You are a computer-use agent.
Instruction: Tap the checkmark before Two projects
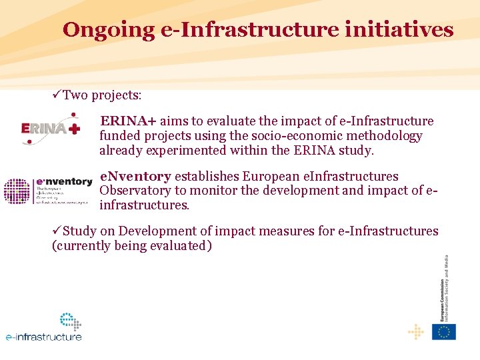(57, 95)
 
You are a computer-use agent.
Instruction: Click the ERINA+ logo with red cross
(51, 127)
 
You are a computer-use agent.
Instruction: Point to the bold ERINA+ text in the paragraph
(128, 121)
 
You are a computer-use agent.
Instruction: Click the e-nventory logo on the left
(48, 191)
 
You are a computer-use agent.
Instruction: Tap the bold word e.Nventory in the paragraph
(135, 177)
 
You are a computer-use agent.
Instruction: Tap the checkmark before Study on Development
(57, 231)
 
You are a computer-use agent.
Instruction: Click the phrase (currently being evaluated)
(132, 246)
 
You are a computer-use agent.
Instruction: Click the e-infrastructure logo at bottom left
(44, 328)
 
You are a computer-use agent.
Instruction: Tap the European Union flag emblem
(443, 331)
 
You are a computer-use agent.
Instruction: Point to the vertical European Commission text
(445, 287)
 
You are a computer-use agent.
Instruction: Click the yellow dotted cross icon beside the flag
(415, 331)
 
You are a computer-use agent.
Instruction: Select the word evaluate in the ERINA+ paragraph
(233, 121)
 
